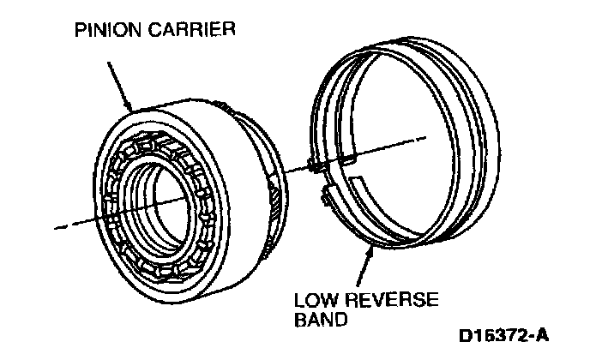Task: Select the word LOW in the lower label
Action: [x=311, y=302]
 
